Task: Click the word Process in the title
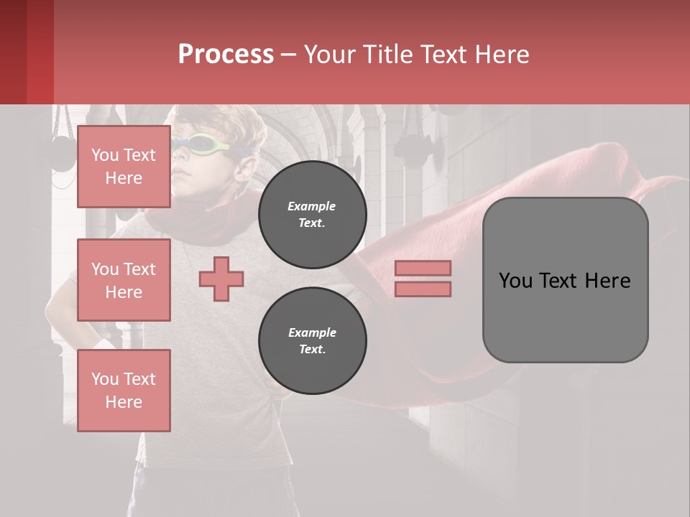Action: click(x=226, y=55)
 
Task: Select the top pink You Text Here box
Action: click(x=124, y=166)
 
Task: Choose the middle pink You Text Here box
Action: click(x=124, y=280)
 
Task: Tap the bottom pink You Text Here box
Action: click(x=124, y=390)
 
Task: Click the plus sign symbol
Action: click(x=221, y=279)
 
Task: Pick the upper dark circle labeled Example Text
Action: click(x=312, y=215)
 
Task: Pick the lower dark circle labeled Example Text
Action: click(x=312, y=341)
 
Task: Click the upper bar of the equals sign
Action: click(x=423, y=268)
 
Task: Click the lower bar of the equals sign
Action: click(x=423, y=289)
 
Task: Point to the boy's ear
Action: click(x=245, y=167)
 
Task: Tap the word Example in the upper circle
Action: click(x=312, y=206)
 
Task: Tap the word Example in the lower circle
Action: click(x=312, y=332)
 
